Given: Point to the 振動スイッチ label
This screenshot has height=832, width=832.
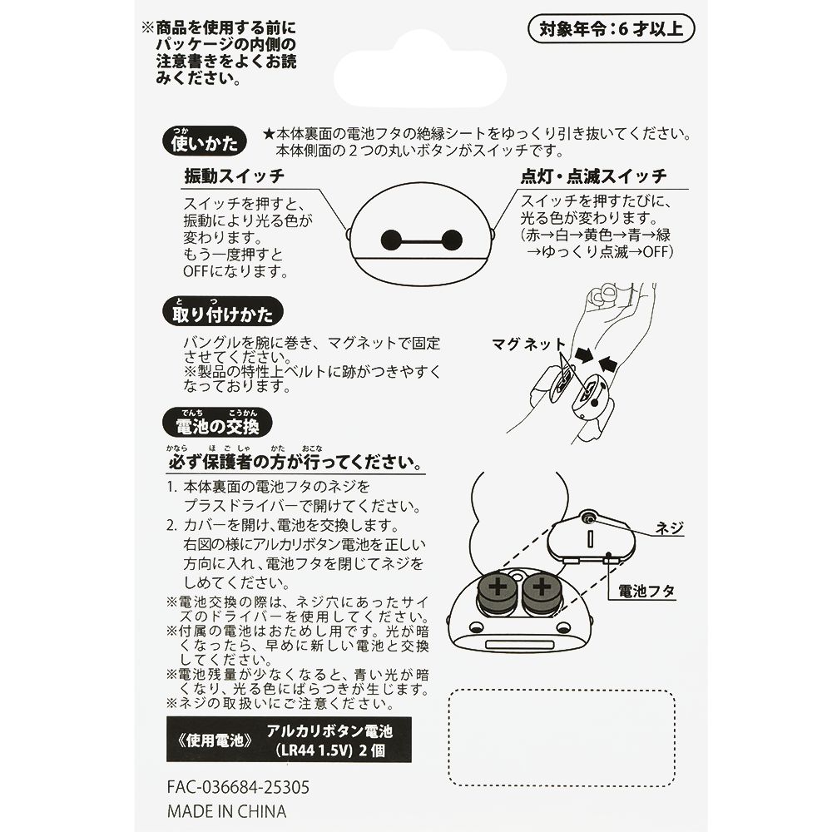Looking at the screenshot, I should pos(234,177).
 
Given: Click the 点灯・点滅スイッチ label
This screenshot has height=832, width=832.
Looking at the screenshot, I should pos(593,177).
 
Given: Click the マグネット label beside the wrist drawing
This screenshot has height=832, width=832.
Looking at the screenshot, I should pos(528,343).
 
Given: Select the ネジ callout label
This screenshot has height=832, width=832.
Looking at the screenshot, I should pos(669,527).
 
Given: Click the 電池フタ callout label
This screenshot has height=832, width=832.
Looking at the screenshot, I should pos(646,592).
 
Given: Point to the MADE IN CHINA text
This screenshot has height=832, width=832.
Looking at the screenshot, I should pos(226,811).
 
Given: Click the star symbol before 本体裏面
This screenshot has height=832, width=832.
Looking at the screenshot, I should pos(268,133).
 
